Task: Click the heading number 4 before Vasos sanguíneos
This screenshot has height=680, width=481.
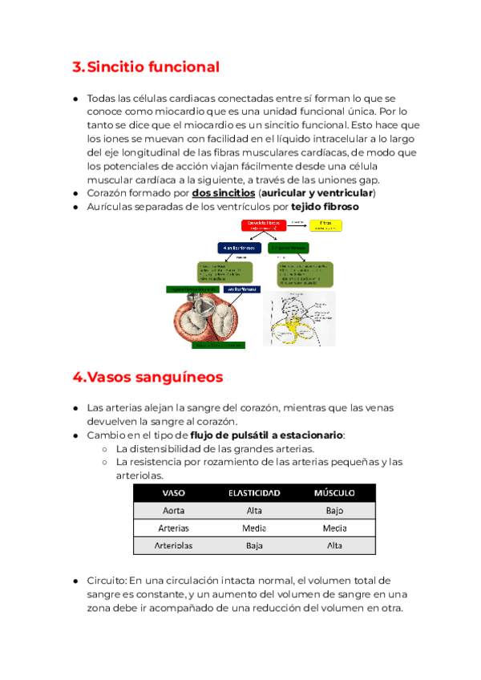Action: coord(78,377)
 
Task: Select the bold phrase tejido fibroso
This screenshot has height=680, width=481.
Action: coord(325,207)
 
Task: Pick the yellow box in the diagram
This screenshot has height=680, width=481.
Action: coord(325,225)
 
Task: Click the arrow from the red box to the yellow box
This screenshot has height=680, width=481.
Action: coord(297,224)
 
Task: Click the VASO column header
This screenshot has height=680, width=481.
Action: coord(175,492)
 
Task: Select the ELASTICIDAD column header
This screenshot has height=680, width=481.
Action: coord(254,492)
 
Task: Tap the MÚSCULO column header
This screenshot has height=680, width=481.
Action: coord(334,492)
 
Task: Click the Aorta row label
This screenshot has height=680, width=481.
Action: coord(175,510)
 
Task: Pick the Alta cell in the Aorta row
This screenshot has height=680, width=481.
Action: coord(254,510)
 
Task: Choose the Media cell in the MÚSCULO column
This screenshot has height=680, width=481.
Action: coord(334,528)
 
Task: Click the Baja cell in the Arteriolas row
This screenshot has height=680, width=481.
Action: coord(254,546)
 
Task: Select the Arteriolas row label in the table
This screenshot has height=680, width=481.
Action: coord(175,546)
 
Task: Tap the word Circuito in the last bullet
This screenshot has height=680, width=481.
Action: coord(105,580)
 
